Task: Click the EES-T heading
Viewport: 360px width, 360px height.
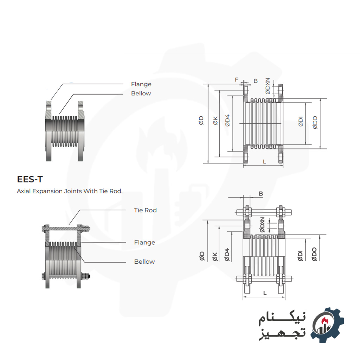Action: [x=30, y=180]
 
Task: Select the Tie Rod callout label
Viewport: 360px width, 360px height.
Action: [x=145, y=210]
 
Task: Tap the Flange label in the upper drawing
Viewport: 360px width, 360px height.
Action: [x=141, y=84]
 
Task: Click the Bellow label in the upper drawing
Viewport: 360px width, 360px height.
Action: [x=141, y=93]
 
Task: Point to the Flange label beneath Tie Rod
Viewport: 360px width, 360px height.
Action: [x=144, y=242]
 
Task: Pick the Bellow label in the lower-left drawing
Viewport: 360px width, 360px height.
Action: [x=144, y=262]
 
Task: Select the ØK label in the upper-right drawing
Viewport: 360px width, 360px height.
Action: [x=216, y=121]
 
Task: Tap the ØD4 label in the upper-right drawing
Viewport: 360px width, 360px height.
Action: [x=227, y=121]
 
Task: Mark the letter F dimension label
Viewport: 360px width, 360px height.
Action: [x=236, y=80]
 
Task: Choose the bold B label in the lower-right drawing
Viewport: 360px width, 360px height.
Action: [x=261, y=194]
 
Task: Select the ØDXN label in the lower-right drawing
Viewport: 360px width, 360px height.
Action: [x=262, y=225]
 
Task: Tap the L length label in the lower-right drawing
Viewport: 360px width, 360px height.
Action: [x=264, y=292]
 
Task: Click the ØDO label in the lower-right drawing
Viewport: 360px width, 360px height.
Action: [x=314, y=254]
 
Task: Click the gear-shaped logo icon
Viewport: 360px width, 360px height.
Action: [x=327, y=324]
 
